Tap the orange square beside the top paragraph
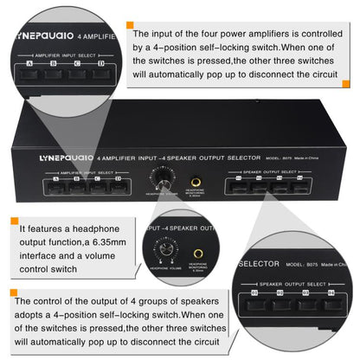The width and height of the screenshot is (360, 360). coord(129,26)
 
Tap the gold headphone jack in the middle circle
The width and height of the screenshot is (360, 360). coord(198,254)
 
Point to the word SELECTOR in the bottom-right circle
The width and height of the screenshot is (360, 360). coord(255,263)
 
